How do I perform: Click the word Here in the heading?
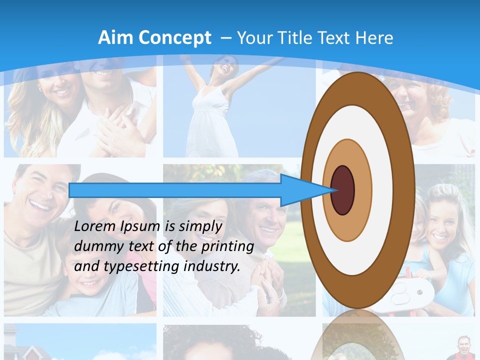[374, 38]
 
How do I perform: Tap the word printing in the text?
[227, 246]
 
